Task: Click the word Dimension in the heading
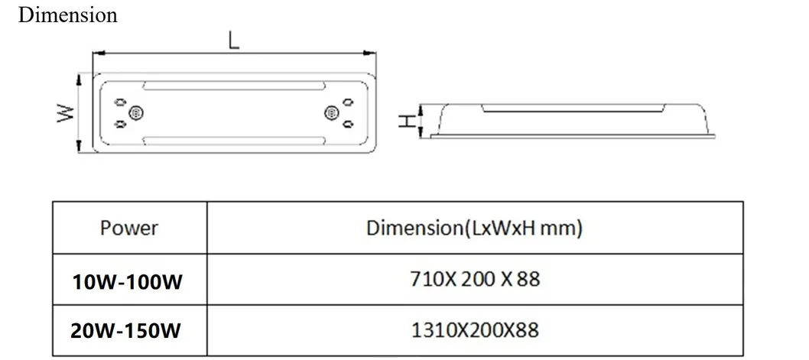[x=67, y=15]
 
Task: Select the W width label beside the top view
[x=67, y=113]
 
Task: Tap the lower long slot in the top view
[x=234, y=138]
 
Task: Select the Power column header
[x=128, y=228]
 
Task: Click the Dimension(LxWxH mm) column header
[x=473, y=228]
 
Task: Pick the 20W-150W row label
[x=128, y=330]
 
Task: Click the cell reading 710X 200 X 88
[x=474, y=279]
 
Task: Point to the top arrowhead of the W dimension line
[x=79, y=77]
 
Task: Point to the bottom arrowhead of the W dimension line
[x=79, y=149]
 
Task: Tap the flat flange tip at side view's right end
[x=717, y=135]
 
